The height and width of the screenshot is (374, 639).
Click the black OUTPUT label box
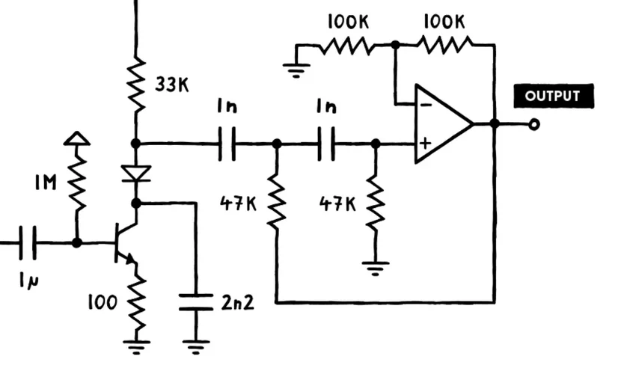553,96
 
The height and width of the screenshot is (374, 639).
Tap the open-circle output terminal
533,124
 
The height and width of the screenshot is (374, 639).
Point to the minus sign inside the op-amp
424,105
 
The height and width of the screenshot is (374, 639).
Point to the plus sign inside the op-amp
424,142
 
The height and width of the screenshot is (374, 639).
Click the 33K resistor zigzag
135,84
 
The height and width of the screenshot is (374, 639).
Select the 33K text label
171,85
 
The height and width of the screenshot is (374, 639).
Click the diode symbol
135,174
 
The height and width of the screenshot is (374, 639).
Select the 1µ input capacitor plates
28,243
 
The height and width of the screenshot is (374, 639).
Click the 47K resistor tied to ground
375,203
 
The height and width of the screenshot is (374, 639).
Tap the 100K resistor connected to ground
346,46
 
